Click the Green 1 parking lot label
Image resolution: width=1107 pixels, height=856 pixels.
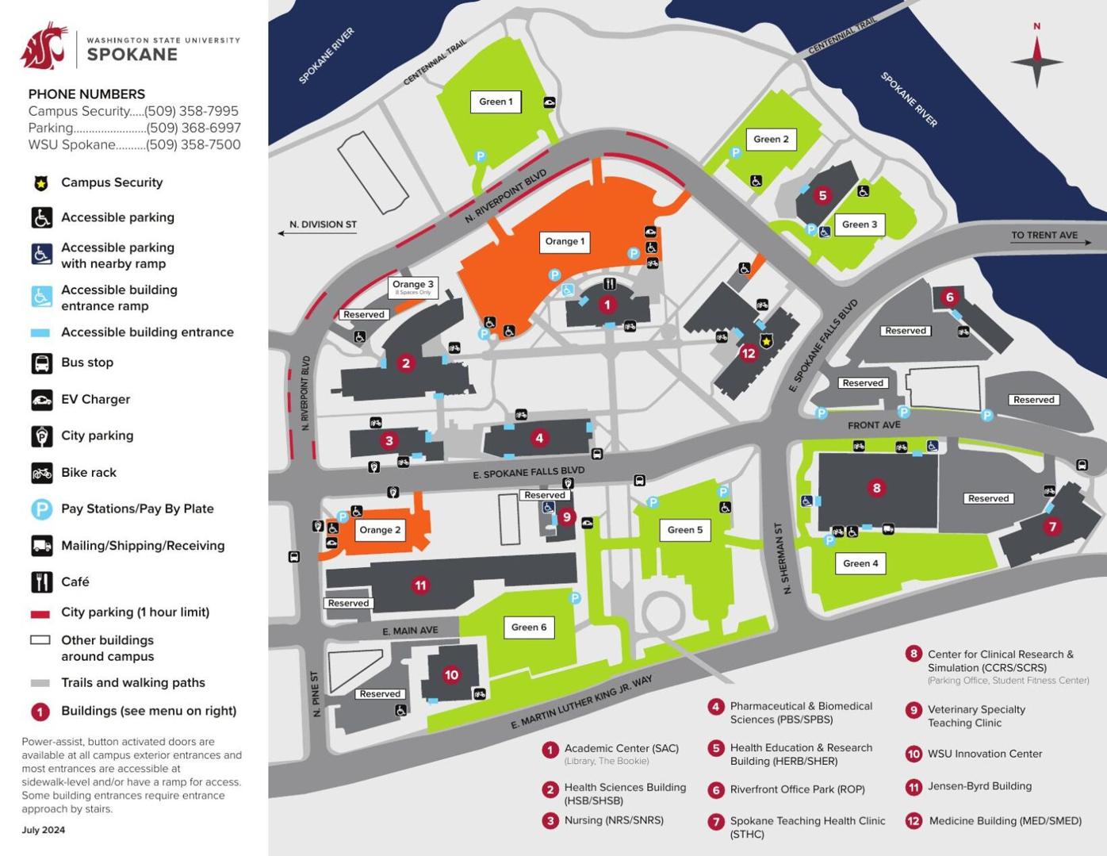[496, 102]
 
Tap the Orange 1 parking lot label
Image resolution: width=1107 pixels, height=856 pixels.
[565, 242]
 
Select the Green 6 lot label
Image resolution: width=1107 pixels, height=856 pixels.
[529, 628]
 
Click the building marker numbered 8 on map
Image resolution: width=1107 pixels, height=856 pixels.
[876, 488]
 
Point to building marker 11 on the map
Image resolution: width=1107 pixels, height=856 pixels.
[420, 585]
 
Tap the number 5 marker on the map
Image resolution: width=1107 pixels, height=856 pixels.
[822, 195]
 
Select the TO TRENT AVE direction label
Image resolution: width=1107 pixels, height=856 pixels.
[1044, 236]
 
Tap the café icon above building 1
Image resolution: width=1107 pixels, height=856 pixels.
[609, 284]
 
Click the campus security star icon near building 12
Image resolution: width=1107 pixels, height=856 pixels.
[766, 341]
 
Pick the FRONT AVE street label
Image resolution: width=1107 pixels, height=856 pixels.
[874, 425]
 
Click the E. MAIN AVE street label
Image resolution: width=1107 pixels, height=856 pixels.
[410, 631]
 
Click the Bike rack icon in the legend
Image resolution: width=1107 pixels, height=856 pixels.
[41, 473]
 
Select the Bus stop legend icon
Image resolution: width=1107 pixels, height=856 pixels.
[41, 363]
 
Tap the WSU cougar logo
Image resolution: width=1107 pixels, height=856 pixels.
[44, 46]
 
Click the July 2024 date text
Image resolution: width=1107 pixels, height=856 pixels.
[44, 830]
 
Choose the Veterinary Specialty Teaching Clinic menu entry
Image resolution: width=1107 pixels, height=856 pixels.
[975, 716]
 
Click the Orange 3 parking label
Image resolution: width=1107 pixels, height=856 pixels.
[413, 286]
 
